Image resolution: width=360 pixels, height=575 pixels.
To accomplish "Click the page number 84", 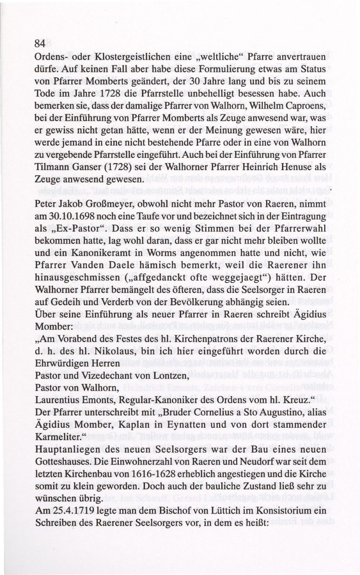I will [x=40, y=44].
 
